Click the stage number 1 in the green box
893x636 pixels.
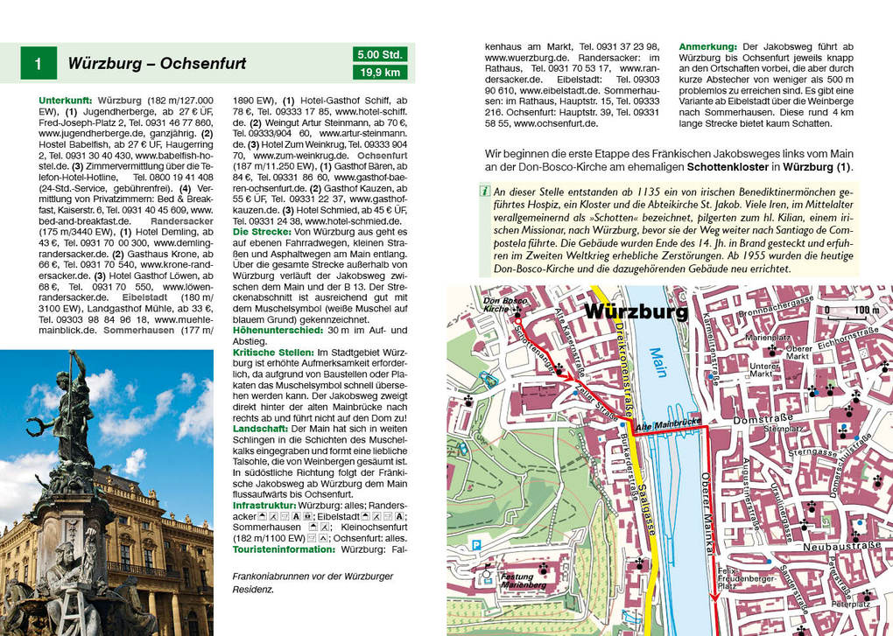pyautogui.click(x=38, y=64)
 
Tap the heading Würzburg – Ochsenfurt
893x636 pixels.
pyautogui.click(x=157, y=64)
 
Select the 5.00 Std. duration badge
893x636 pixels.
pyautogui.click(x=380, y=54)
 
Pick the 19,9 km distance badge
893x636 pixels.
pyautogui.click(x=380, y=73)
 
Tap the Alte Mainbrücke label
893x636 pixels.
pyautogui.click(x=668, y=423)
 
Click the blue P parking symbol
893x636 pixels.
pyautogui.click(x=477, y=544)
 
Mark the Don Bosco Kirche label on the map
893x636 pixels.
pyautogui.click(x=496, y=305)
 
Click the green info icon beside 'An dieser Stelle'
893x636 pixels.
pyautogui.click(x=484, y=191)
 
